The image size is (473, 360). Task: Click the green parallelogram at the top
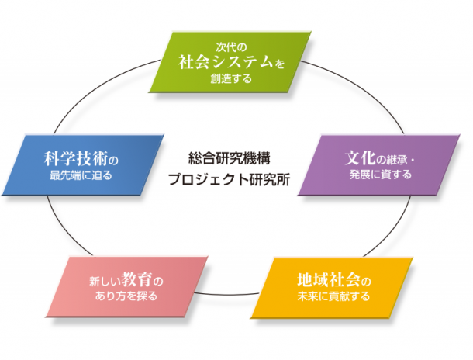coord(230,62)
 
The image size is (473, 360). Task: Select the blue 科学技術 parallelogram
coord(83,165)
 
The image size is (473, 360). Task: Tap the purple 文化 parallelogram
coord(379,165)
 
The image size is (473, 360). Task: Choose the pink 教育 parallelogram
coord(126,286)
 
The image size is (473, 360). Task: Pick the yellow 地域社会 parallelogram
coord(332,288)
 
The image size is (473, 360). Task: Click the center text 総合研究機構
coord(230,158)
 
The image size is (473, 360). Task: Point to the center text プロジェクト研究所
coord(230,179)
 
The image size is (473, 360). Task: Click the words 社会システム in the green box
coord(226,62)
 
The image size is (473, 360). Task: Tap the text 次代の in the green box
coord(231,47)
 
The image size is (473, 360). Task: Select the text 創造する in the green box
coord(231,78)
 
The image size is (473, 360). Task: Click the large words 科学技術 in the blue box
coord(76,158)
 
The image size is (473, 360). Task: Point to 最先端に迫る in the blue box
coord(81,175)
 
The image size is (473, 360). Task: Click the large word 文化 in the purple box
coord(361,157)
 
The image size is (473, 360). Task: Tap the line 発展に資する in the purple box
coord(381,175)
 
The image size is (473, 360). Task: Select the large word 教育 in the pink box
coord(136,279)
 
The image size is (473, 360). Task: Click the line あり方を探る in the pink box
coord(126,296)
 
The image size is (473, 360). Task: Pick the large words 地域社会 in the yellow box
coord(329,280)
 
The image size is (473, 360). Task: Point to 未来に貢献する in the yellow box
coord(333,296)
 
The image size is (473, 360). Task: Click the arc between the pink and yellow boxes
coord(227,294)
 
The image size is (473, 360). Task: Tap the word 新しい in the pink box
coord(105,281)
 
